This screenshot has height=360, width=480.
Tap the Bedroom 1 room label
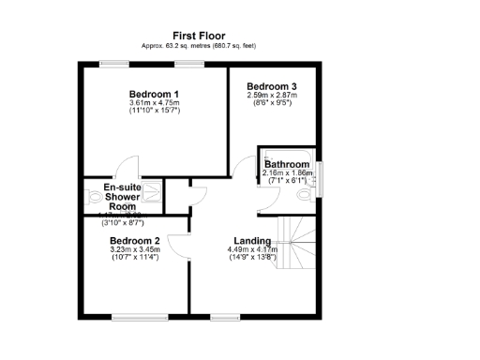154,94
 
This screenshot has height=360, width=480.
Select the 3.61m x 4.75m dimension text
154,103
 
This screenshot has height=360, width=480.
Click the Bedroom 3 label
273,85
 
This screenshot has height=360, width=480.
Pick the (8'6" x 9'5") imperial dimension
273,103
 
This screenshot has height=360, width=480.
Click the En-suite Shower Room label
122,197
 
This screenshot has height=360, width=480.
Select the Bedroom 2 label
135,241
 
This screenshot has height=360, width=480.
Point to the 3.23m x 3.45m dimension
135,249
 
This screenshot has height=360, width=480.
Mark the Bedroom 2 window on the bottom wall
136,318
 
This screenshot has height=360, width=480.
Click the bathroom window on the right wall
321,176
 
